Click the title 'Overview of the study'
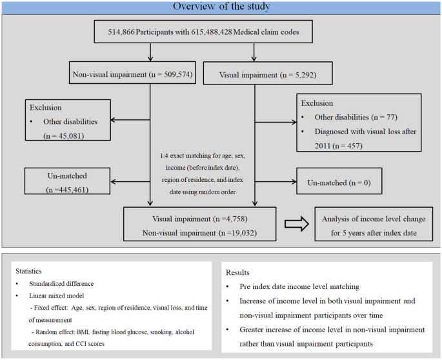pyautogui.click(x=221, y=6)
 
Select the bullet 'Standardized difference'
pyautogui.click(x=61, y=283)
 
